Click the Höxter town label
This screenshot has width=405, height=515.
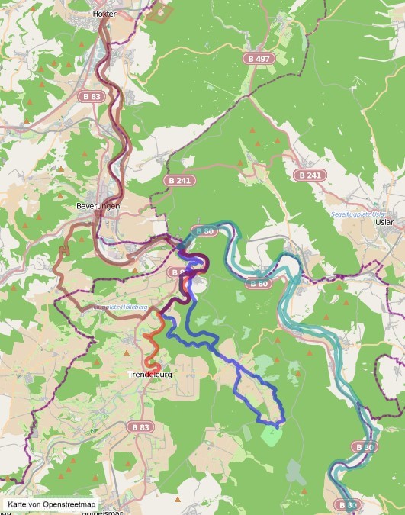[x=103, y=14]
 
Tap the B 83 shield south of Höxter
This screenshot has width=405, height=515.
[x=91, y=97]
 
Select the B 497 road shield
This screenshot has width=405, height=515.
[x=259, y=59]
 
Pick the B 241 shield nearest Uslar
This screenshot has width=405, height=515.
[x=310, y=175]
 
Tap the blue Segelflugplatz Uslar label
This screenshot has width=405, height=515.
[x=360, y=214]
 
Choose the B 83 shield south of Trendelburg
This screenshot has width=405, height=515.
[x=138, y=427]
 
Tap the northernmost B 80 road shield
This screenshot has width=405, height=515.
[x=204, y=230]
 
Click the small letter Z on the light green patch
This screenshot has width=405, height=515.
[x=272, y=431]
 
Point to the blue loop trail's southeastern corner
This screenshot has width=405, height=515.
[x=282, y=420]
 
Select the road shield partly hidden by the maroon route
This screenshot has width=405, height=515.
[x=178, y=272]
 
